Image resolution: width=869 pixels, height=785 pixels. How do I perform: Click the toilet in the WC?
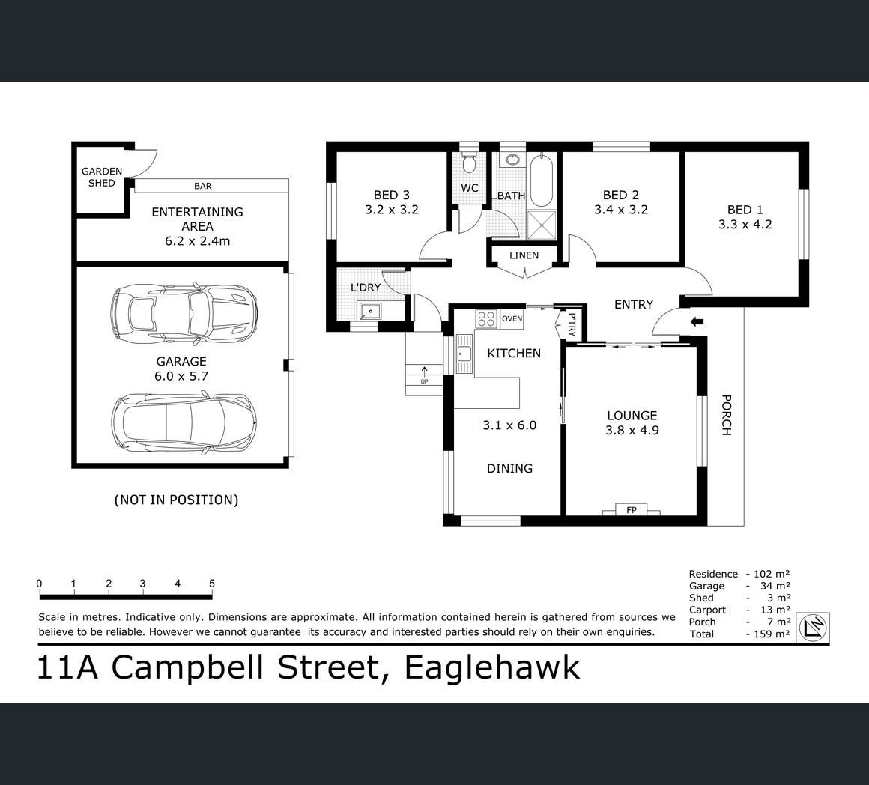pyautogui.click(x=469, y=162)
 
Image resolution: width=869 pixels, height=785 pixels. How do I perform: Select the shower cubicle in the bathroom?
pyautogui.click(x=542, y=225)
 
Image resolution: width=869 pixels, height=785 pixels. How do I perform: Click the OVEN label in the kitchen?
pyautogui.click(x=512, y=318)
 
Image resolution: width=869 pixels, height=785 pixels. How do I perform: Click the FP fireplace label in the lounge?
pyautogui.click(x=632, y=509)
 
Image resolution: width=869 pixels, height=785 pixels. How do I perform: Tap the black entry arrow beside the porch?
pyautogui.click(x=697, y=321)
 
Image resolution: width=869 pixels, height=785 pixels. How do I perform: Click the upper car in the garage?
pyautogui.click(x=184, y=313)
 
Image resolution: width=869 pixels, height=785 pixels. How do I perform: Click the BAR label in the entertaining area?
pyautogui.click(x=203, y=187)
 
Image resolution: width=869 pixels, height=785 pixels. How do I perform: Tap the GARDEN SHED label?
pyautogui.click(x=102, y=178)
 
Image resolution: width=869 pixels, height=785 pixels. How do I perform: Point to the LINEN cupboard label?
pyautogui.click(x=524, y=255)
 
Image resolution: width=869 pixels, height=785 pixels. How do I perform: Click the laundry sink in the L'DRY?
pyautogui.click(x=369, y=312)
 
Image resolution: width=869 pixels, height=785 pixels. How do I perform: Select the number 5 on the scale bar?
pyautogui.click(x=212, y=584)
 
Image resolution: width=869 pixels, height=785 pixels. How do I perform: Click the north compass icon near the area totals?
pyautogui.click(x=813, y=628)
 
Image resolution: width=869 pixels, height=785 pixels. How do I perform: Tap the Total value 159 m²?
pyautogui.click(x=772, y=634)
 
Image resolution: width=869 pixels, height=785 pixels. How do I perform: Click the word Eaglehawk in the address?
pyautogui.click(x=492, y=667)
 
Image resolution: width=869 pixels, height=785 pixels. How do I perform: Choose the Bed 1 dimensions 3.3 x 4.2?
pyautogui.click(x=745, y=225)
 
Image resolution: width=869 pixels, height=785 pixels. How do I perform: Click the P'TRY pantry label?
pyautogui.click(x=572, y=325)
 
